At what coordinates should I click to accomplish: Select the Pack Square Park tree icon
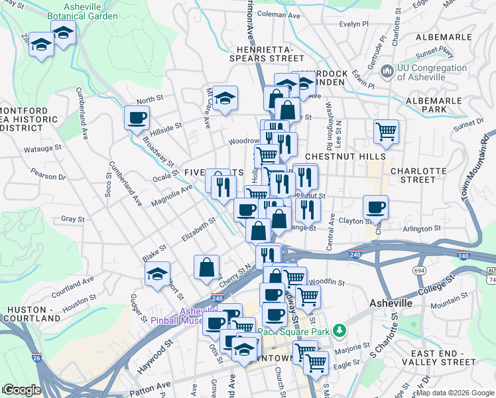tap(340, 330)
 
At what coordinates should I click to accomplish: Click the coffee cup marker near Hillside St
tap(137, 118)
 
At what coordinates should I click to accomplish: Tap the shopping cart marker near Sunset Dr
tap(385, 131)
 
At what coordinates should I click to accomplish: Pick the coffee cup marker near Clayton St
tap(375, 207)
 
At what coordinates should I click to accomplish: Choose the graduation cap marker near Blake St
tap(157, 274)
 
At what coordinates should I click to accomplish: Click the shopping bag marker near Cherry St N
tap(207, 267)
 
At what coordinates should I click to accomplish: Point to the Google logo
tap(23, 390)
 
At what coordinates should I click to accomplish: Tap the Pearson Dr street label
tap(48, 177)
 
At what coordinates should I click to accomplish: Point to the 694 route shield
tap(418, 270)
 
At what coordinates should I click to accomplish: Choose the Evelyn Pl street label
tap(353, 24)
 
